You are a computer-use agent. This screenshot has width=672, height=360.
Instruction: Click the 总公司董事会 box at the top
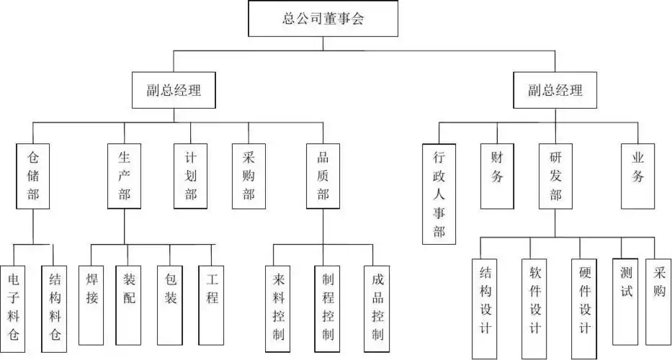[x=323, y=19]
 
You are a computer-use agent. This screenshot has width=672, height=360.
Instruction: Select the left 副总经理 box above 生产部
[x=173, y=91]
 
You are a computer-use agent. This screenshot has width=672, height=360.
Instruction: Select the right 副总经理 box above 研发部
[x=555, y=91]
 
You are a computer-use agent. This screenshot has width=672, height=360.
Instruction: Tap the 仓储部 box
[x=33, y=176]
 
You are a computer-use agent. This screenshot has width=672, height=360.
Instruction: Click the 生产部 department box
[x=124, y=176]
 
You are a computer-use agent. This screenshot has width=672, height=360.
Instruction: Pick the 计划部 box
[x=191, y=176]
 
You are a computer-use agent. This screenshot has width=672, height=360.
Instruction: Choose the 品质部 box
[x=323, y=176]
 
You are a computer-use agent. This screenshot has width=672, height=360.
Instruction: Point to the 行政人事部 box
[x=439, y=194]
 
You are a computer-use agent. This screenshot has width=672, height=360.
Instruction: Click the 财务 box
[x=497, y=176]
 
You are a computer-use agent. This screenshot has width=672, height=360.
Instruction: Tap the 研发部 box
[x=555, y=176]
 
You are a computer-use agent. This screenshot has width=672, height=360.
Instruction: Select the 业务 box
[x=637, y=176]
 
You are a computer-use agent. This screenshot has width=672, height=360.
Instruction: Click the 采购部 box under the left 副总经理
[x=248, y=176]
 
